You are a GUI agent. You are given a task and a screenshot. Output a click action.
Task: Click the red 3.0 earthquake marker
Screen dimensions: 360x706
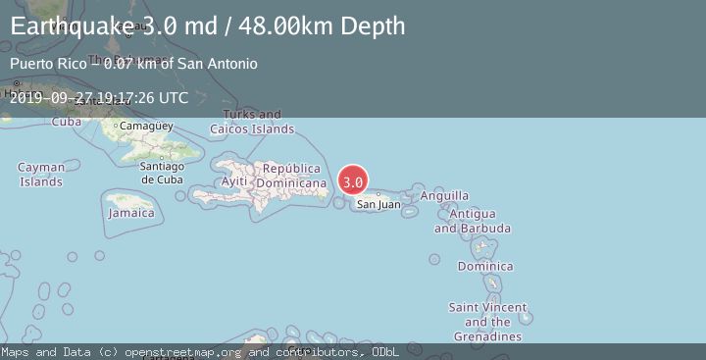[x=353, y=181]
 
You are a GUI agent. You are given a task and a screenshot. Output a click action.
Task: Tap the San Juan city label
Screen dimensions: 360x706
[x=378, y=204]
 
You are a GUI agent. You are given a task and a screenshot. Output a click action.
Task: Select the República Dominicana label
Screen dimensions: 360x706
[x=291, y=176]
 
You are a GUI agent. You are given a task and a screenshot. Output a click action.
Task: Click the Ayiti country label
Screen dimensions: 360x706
[x=234, y=182]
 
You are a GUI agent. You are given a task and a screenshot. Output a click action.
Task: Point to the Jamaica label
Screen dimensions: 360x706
[x=131, y=213]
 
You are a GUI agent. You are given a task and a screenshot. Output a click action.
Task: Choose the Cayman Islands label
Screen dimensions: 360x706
[x=41, y=175]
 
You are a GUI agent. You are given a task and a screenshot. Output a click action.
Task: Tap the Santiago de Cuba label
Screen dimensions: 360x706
[x=162, y=173]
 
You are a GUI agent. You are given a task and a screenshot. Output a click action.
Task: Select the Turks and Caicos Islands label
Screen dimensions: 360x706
[x=252, y=122]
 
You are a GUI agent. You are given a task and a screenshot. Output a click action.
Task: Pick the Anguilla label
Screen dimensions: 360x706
[x=444, y=196]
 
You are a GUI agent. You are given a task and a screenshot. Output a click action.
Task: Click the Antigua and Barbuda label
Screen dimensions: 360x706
[x=472, y=221]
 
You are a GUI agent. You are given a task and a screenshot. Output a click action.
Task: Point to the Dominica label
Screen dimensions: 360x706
[x=484, y=266]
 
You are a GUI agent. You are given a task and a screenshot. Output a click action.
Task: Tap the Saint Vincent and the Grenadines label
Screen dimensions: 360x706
[x=487, y=322]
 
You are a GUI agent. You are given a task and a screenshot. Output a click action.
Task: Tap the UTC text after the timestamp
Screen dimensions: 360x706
[x=172, y=98]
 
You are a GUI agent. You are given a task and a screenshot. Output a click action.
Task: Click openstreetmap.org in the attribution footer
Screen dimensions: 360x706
[x=186, y=351]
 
